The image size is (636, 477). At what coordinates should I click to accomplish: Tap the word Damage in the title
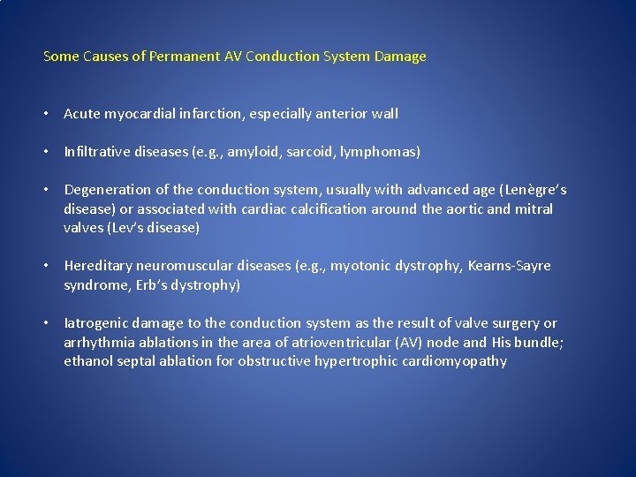tap(400, 57)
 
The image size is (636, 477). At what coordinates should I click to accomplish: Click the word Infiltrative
tap(97, 152)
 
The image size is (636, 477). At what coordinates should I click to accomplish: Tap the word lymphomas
tap(382, 152)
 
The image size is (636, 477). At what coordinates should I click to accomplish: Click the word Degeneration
tap(108, 190)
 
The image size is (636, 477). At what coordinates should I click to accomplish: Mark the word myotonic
tap(363, 266)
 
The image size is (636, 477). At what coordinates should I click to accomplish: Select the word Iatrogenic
tap(95, 323)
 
